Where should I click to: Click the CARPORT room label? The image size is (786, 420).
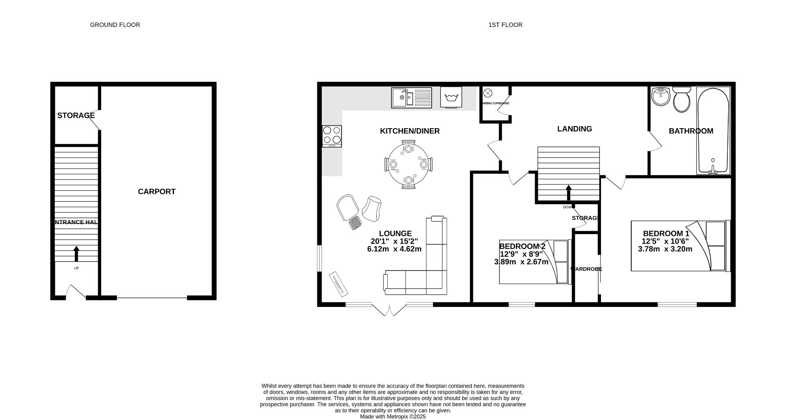(x=156, y=192)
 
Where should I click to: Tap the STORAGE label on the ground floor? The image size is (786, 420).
(x=76, y=115)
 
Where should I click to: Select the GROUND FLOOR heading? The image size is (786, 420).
(x=115, y=25)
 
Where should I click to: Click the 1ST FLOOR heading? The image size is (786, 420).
(x=505, y=25)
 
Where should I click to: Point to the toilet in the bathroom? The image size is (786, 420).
(x=681, y=99)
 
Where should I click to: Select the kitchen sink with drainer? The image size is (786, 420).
(x=411, y=97)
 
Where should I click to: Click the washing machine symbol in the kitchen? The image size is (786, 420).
(x=451, y=97)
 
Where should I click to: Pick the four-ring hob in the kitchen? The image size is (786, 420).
(x=332, y=136)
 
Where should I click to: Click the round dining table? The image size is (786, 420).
(x=408, y=164)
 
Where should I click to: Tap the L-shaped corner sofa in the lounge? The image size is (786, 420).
(x=426, y=270)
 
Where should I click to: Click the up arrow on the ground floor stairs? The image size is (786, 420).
(x=76, y=253)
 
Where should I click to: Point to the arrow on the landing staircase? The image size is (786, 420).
(x=568, y=193)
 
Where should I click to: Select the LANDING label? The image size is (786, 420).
(x=574, y=129)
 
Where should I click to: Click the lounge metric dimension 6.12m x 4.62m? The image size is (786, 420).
(x=394, y=249)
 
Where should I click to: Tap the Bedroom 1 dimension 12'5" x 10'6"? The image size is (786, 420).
(x=665, y=242)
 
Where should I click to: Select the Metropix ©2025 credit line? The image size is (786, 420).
(x=393, y=417)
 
